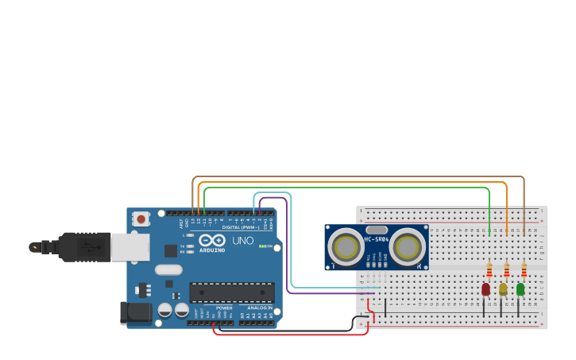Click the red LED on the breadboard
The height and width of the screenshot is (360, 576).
pyautogui.click(x=485, y=289)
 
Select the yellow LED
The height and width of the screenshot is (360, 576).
pyautogui.click(x=503, y=289)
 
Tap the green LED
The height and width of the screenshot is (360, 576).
pyautogui.click(x=520, y=289)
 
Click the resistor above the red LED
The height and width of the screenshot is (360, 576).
pyautogui.click(x=489, y=270)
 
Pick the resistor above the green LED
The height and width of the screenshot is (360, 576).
pyautogui.click(x=524, y=270)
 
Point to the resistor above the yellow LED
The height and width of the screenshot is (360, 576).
pyautogui.click(x=507, y=270)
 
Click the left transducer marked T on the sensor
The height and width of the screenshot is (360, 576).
pyautogui.click(x=347, y=246)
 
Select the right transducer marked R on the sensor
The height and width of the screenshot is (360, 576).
pyautogui.click(x=406, y=246)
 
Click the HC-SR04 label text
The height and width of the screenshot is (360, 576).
pyautogui.click(x=377, y=239)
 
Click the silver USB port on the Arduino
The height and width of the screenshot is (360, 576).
pyautogui.click(x=130, y=247)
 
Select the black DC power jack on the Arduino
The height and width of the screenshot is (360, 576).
pyautogui.click(x=135, y=312)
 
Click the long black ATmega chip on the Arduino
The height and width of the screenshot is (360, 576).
pyautogui.click(x=231, y=292)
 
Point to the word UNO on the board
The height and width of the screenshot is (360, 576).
pyautogui.click(x=242, y=241)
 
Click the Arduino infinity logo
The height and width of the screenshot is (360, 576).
pyautogui.click(x=212, y=240)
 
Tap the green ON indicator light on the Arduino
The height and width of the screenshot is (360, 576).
pyautogui.click(x=263, y=246)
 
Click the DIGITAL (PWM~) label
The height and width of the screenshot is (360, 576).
pyautogui.click(x=241, y=227)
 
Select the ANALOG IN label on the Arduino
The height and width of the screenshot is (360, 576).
pyautogui.click(x=259, y=308)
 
